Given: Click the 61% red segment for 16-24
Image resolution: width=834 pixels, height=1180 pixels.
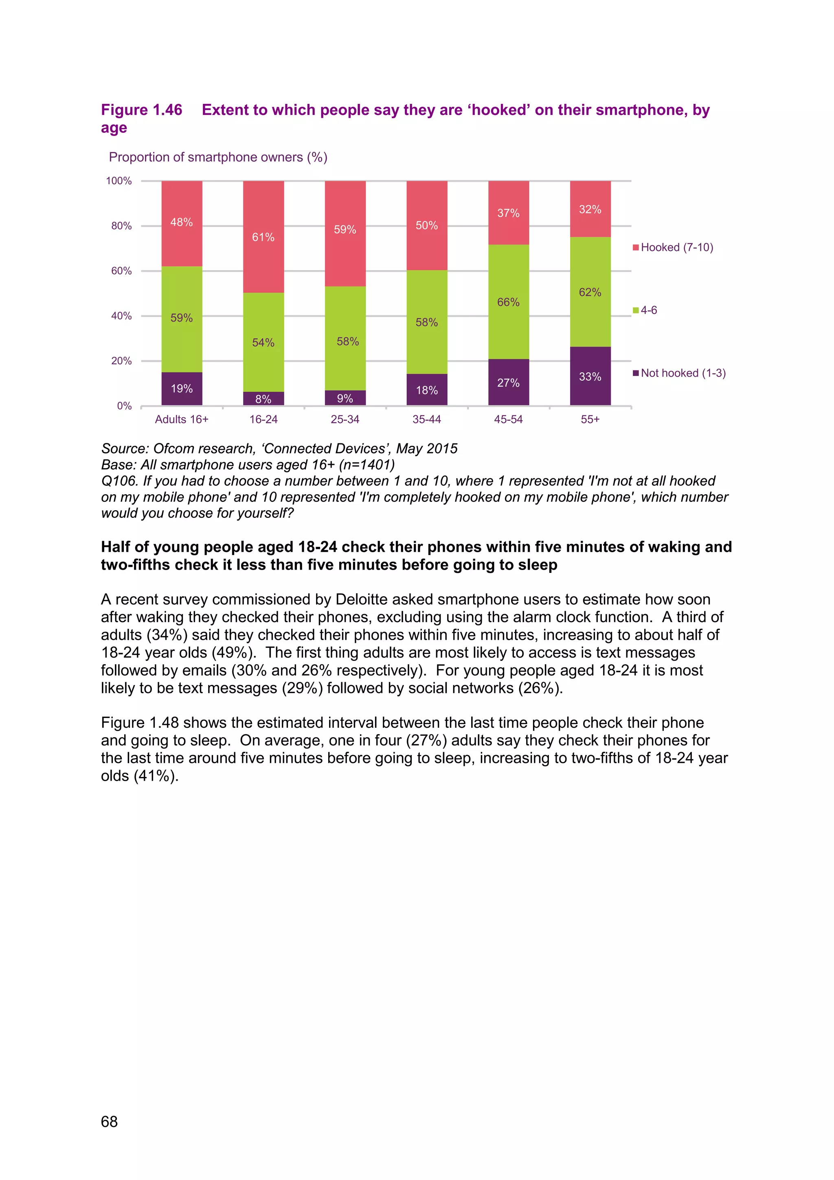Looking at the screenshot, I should [263, 237].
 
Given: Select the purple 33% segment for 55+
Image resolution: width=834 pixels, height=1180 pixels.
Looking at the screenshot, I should [590, 376].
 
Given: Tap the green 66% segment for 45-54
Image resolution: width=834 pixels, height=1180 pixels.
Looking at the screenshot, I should [508, 302].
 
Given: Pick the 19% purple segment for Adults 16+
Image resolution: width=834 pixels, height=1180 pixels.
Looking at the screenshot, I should [182, 389].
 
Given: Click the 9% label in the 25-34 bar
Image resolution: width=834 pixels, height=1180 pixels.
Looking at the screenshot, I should [345, 398].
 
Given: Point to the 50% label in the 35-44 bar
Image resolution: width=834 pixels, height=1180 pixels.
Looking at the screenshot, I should [427, 225].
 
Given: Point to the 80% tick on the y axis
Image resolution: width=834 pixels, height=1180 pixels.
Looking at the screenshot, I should [122, 226].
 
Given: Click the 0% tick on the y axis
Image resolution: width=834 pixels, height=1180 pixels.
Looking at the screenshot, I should [124, 406].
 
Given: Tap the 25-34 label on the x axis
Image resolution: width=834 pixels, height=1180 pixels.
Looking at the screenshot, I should [345, 419].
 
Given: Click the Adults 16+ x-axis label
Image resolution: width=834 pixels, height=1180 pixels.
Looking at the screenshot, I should [182, 419].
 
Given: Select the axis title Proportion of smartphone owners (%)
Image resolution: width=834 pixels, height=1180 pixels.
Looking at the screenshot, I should [218, 157].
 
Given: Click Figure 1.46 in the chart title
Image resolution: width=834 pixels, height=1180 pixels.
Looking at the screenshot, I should [142, 110].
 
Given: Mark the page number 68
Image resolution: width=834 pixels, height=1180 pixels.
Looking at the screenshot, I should [110, 1121].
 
